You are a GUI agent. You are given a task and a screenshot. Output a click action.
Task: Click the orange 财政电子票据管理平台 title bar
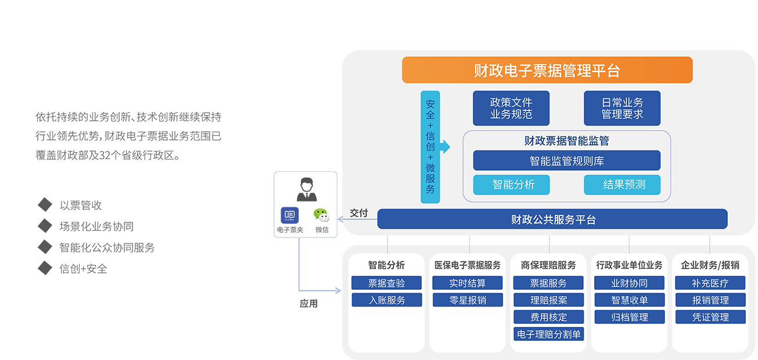[547, 70]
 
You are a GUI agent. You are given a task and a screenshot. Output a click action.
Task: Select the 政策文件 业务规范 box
[511, 108]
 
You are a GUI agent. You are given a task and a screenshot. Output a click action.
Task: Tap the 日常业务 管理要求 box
[622, 108]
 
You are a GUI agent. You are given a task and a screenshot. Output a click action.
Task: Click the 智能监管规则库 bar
[566, 161]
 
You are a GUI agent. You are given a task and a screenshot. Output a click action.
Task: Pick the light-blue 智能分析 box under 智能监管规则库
[511, 185]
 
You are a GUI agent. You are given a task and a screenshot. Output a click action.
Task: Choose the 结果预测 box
[622, 185]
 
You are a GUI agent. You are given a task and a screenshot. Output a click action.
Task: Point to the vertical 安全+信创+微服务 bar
[430, 147]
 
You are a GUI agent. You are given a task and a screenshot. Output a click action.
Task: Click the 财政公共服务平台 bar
[552, 219]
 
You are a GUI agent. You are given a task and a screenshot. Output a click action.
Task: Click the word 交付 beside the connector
[359, 213]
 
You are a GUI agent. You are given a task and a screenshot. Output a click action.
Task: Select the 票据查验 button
[386, 283]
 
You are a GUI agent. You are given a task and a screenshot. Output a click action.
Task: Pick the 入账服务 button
[386, 300]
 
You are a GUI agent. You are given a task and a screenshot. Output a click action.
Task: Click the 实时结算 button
[468, 283]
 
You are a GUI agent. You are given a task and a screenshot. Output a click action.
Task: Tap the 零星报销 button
[468, 300]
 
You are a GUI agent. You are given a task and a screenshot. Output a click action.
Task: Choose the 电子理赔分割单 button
[548, 334]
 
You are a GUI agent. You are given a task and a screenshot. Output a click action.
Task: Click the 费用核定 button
[548, 317]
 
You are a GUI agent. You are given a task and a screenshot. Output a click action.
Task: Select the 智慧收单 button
[629, 300]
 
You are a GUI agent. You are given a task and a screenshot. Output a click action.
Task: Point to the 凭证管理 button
[710, 317]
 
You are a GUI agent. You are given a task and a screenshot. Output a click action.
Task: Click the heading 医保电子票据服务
[468, 265]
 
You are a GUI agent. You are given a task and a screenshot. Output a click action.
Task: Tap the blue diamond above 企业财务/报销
[709, 240]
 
